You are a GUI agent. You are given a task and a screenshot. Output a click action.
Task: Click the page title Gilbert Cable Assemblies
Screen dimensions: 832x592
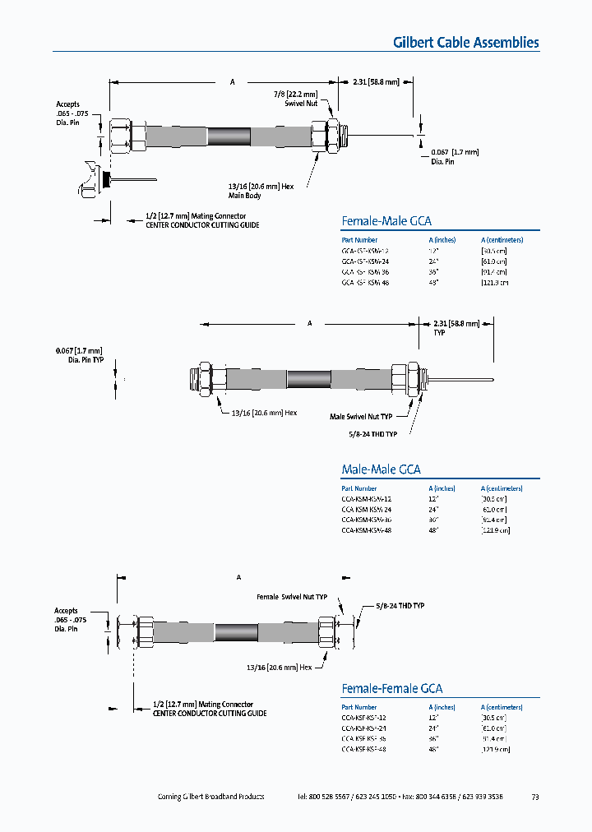pos(465,43)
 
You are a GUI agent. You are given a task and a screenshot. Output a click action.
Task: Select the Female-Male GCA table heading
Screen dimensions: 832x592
pos(386,220)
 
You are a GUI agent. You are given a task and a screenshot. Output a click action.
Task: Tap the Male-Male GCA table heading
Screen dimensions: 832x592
pos(381,469)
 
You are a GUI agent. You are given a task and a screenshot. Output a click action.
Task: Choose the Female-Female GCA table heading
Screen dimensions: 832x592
pos(391,688)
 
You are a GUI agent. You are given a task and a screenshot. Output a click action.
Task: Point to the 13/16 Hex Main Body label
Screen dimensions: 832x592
pos(261,191)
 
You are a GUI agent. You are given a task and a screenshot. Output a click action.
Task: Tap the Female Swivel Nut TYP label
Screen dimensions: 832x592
pos(292,597)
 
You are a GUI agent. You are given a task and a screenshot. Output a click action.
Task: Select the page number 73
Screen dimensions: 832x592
pos(535,797)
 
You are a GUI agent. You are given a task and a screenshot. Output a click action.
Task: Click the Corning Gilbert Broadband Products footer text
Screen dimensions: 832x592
pos(210,797)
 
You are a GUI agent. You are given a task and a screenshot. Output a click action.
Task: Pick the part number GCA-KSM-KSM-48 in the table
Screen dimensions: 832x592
pos(366,530)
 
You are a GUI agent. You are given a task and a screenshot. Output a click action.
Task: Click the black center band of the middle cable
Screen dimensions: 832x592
pos(308,379)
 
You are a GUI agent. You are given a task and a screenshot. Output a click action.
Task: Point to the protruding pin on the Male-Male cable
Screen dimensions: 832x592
pos(460,379)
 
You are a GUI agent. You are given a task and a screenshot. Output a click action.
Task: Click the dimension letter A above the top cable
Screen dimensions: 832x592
pos(233,82)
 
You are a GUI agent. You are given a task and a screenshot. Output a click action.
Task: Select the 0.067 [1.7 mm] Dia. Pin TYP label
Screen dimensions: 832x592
pos(81,356)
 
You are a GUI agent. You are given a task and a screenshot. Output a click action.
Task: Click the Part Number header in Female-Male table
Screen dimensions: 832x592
pos(359,239)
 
